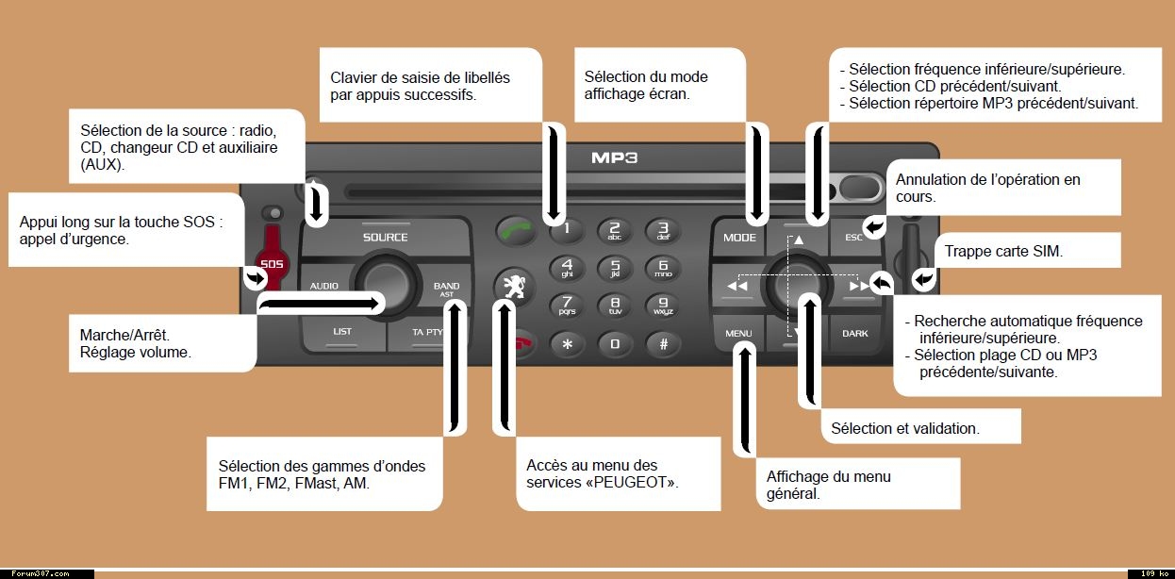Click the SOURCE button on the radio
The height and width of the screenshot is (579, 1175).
pyautogui.click(x=385, y=238)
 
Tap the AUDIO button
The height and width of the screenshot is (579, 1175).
pyautogui.click(x=324, y=286)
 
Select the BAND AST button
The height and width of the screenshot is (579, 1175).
pyautogui.click(x=446, y=289)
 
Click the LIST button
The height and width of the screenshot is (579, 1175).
pyautogui.click(x=341, y=332)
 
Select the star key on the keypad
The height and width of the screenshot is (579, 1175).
pyautogui.click(x=567, y=344)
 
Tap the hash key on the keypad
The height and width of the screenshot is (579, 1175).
pyautogui.click(x=663, y=344)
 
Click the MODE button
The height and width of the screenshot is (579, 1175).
pyautogui.click(x=739, y=238)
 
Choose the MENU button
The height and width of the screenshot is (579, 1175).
pyautogui.click(x=738, y=333)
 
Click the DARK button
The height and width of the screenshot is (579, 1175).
pyautogui.click(x=854, y=333)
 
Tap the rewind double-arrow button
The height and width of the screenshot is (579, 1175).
pyautogui.click(x=737, y=286)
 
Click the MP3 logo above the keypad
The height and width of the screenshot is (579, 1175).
pyautogui.click(x=614, y=157)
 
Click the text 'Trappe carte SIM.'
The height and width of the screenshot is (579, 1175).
pyautogui.click(x=1003, y=251)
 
